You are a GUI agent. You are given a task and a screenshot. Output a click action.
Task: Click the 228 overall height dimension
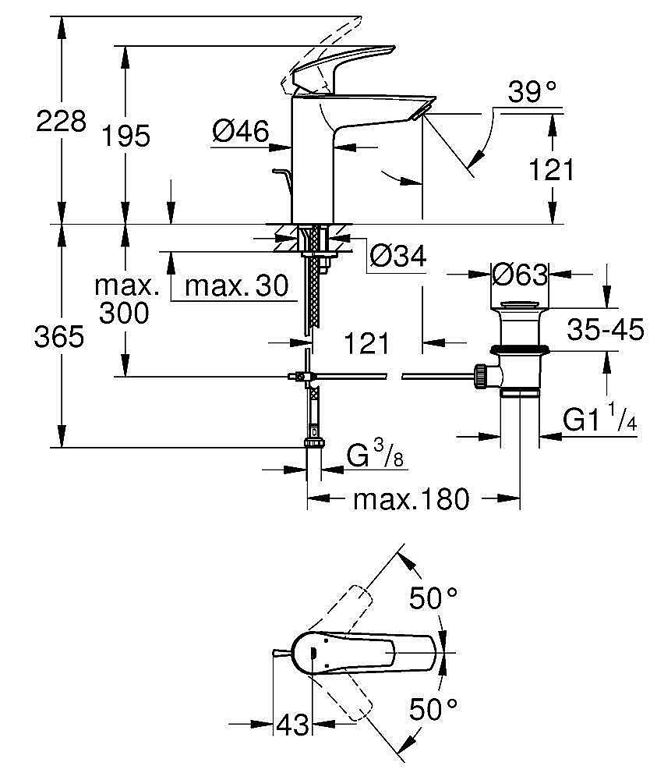click(x=60, y=122)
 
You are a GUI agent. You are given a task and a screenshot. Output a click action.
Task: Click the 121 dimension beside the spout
click(x=552, y=168)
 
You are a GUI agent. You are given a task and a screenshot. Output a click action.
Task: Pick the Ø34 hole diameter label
click(x=397, y=256)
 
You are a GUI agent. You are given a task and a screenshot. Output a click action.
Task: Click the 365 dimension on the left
click(x=60, y=337)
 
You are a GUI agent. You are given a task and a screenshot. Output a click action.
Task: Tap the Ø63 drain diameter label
click(x=519, y=274)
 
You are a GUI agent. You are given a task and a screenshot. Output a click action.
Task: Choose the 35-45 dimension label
click(x=606, y=330)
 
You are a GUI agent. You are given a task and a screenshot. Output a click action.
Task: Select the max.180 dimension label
click(x=412, y=498)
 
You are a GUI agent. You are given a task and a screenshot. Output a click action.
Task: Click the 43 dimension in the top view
click(x=292, y=725)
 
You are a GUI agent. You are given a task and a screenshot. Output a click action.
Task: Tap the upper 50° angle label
click(x=433, y=599)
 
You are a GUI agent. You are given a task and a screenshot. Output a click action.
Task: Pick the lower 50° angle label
click(x=433, y=710)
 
